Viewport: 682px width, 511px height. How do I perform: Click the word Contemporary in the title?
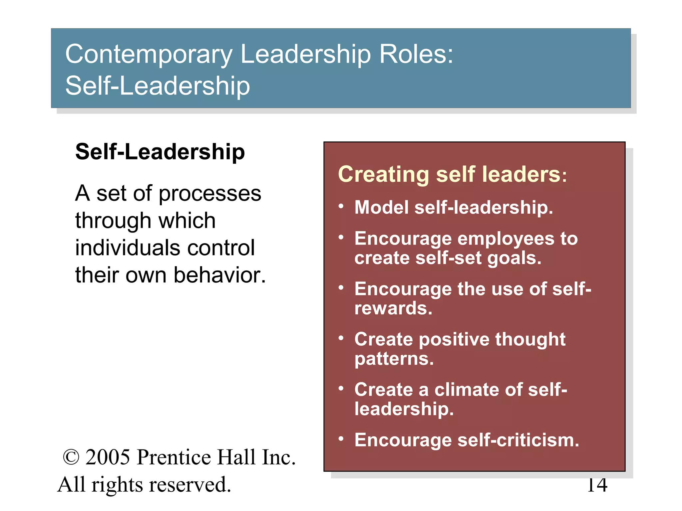coord(149,55)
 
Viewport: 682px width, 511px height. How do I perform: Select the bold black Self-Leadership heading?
coord(160,152)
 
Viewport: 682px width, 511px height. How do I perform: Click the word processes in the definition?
coord(210,194)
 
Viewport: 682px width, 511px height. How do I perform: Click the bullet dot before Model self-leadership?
coord(341,206)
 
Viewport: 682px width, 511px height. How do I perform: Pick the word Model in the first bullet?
coord(381,207)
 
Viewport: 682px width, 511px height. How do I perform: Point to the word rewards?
coord(393,308)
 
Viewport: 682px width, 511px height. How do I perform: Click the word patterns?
coord(394,359)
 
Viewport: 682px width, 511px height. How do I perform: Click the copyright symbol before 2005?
coord(71,457)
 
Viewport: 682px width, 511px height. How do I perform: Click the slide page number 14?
coord(597,485)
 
